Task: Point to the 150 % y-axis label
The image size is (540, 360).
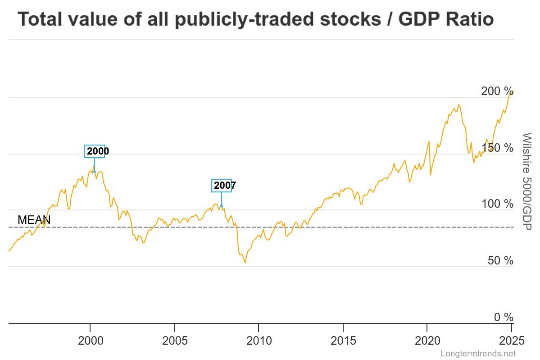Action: coord(497,148)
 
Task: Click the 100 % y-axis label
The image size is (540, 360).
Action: coord(497,205)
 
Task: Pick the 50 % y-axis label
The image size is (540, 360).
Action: coord(500,261)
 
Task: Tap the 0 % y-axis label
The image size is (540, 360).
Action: coord(503,318)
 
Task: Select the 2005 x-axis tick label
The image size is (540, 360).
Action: coord(174,340)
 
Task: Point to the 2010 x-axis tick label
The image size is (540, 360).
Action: coord(259,340)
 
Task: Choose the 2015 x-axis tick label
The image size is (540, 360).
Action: coord(343,340)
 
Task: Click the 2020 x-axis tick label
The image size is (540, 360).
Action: coord(427,340)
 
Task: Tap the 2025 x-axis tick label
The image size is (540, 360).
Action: coord(511,340)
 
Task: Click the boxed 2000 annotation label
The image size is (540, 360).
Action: coord(95,151)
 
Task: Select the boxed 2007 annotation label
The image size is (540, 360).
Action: coord(222,185)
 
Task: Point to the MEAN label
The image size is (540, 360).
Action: coord(34,220)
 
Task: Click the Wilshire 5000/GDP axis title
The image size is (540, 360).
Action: coord(526,181)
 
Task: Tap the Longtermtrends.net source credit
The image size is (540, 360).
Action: coord(478,354)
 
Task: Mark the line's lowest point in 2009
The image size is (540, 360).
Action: coord(245,262)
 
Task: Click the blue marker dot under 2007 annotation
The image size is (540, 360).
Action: coord(221,206)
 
